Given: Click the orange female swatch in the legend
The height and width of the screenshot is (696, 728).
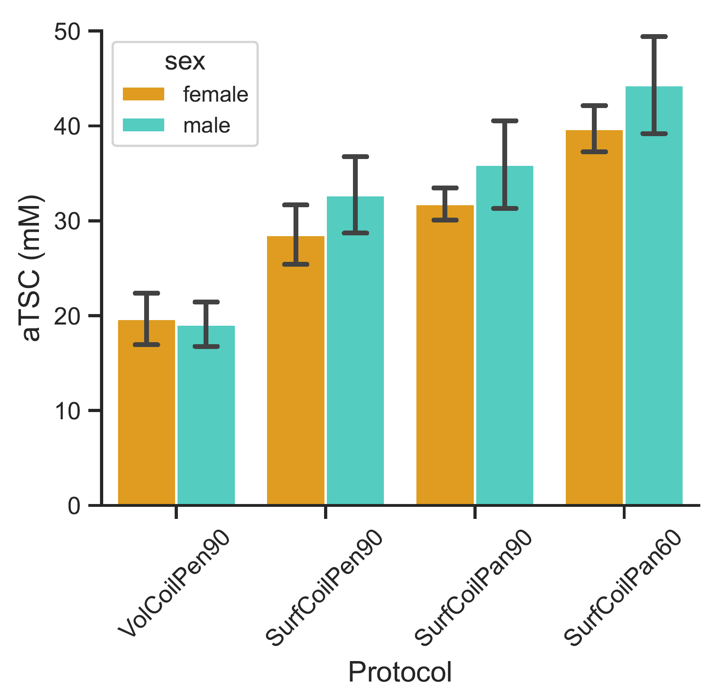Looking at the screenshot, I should [x=143, y=94].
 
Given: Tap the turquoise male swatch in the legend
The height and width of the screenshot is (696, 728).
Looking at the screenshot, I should [x=143, y=125].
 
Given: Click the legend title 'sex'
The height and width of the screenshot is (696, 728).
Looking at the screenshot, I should [x=185, y=62].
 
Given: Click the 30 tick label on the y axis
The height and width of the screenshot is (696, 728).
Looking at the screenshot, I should [x=67, y=221].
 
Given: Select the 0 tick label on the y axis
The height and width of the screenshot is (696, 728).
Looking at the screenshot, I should [x=74, y=506].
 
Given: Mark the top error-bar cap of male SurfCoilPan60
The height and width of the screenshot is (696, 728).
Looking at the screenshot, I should [x=654, y=37].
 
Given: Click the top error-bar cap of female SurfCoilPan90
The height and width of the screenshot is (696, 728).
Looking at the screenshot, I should [x=445, y=188].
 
